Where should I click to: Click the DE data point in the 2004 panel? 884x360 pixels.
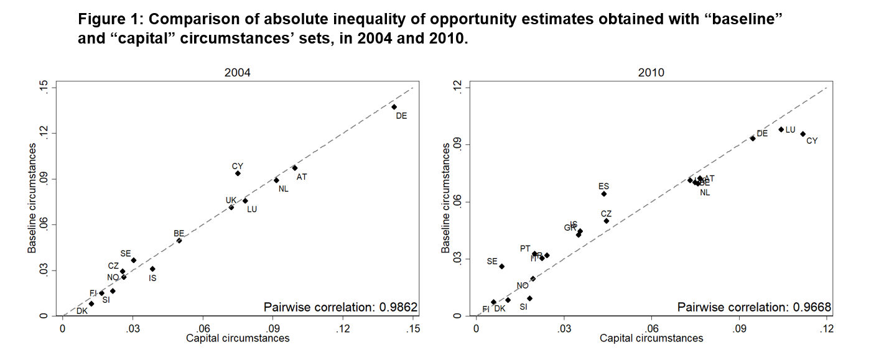tap(394, 107)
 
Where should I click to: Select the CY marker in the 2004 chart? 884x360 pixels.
tap(238, 173)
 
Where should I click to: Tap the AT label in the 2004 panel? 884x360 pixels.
tap(302, 177)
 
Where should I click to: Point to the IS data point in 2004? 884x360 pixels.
tap(152, 269)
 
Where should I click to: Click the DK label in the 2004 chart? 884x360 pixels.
tap(82, 311)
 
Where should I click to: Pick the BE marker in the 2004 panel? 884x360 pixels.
tap(179, 241)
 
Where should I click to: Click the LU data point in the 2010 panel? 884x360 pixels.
tap(781, 129)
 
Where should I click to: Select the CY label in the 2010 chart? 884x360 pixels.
tap(812, 141)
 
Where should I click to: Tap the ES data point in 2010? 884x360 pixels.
tap(603, 194)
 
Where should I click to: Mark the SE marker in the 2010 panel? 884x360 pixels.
tap(502, 266)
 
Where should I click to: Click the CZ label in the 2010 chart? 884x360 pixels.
tap(606, 214)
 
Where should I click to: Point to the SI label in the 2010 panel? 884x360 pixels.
tap(523, 307)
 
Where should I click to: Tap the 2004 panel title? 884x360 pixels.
tap(238, 73)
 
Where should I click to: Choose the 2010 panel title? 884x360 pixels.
tap(651, 73)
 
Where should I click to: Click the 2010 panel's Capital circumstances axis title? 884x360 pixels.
tap(651, 338)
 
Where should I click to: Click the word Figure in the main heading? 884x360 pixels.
tap(99, 19)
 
